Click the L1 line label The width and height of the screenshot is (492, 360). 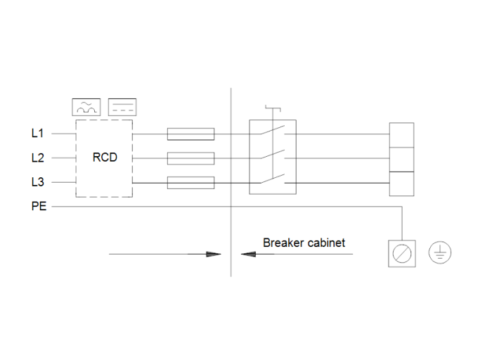pos(37,133)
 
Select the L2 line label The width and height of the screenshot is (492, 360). pos(37,157)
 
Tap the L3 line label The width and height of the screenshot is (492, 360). pos(37,182)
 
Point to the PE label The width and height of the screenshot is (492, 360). pos(39,207)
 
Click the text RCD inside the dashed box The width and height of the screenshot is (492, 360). pos(105,157)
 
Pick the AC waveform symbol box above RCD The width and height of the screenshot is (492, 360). pos(86,107)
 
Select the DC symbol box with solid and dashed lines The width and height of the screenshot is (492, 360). pos(122,107)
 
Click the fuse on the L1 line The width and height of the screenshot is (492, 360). pos(190,134)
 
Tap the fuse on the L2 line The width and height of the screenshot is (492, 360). pos(190,158)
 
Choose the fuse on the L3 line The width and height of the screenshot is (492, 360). pos(190,183)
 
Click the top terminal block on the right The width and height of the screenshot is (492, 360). pos(401,134)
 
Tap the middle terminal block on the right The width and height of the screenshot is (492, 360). pos(401,159)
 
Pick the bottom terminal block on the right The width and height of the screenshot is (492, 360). pos(401,183)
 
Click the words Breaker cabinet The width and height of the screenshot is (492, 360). pos(304,243)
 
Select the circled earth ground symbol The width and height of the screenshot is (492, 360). pos(440,253)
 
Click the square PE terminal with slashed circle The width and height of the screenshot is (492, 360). pos(403,253)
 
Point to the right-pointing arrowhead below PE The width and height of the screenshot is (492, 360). pos(214,254)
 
